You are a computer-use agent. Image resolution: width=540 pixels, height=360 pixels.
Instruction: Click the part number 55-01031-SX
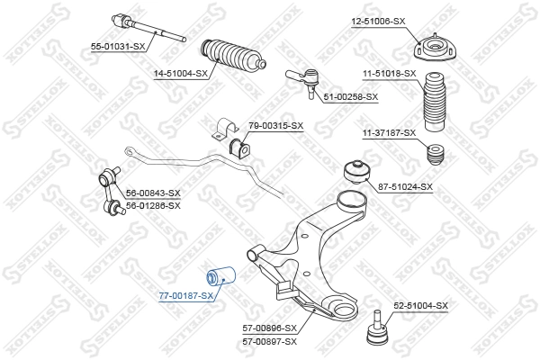click(117, 45)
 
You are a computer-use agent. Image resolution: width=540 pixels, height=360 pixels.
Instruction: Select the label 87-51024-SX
click(405, 187)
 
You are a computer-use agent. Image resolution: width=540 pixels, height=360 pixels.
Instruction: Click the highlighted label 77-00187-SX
click(186, 295)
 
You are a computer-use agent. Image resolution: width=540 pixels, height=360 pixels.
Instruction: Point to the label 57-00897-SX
click(270, 343)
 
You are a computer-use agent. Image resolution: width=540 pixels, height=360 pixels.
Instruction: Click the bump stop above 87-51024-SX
click(436, 152)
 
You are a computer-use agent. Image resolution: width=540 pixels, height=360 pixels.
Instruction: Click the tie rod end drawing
click(302, 78)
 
